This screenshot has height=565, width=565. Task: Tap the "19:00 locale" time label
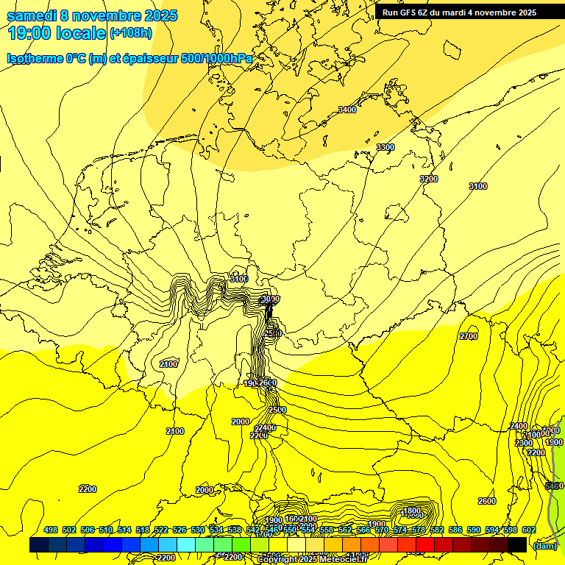[x=56, y=33]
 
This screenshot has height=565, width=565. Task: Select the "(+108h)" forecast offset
[x=131, y=33]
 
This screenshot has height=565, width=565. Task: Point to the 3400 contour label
[x=347, y=110]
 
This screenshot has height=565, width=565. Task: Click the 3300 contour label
[x=385, y=148]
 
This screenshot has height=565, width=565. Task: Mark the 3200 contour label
[x=429, y=179]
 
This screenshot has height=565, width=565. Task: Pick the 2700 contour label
[x=469, y=336]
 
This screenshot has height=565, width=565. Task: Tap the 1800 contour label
[x=412, y=511]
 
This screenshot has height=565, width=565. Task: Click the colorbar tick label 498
[x=51, y=530]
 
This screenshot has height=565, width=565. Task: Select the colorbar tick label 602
[x=528, y=530]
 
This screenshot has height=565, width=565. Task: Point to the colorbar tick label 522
[x=161, y=530]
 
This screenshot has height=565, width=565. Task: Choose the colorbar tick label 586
[x=455, y=530]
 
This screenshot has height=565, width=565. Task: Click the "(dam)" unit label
[x=544, y=545]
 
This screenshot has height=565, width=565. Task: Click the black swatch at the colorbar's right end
[x=517, y=544]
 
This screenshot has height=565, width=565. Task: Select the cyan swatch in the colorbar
[x=186, y=544]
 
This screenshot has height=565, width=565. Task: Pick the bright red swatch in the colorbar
[x=425, y=544]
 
